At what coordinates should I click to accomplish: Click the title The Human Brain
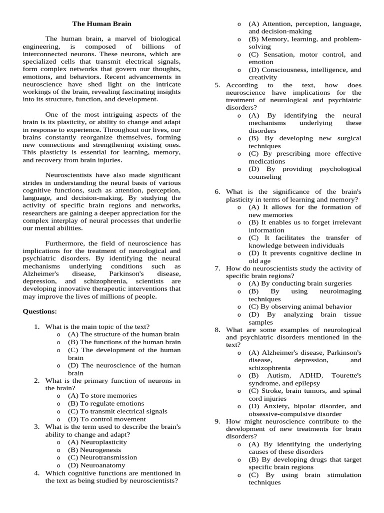(102, 24)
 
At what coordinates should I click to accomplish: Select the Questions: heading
(39, 311)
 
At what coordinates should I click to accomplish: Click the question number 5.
(217, 85)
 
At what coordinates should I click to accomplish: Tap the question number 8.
(217, 330)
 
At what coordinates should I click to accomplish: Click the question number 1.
(37, 327)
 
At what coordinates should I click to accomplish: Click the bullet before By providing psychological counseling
(239, 169)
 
